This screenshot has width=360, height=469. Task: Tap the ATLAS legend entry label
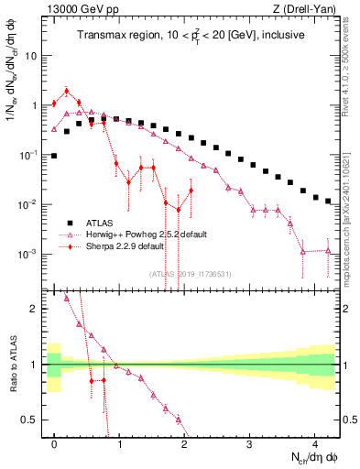[x=104, y=223]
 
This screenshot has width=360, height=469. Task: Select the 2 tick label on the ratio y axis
[x=35, y=309]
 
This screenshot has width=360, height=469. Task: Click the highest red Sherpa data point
[x=67, y=91]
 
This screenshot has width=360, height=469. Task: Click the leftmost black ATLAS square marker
[x=54, y=156]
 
